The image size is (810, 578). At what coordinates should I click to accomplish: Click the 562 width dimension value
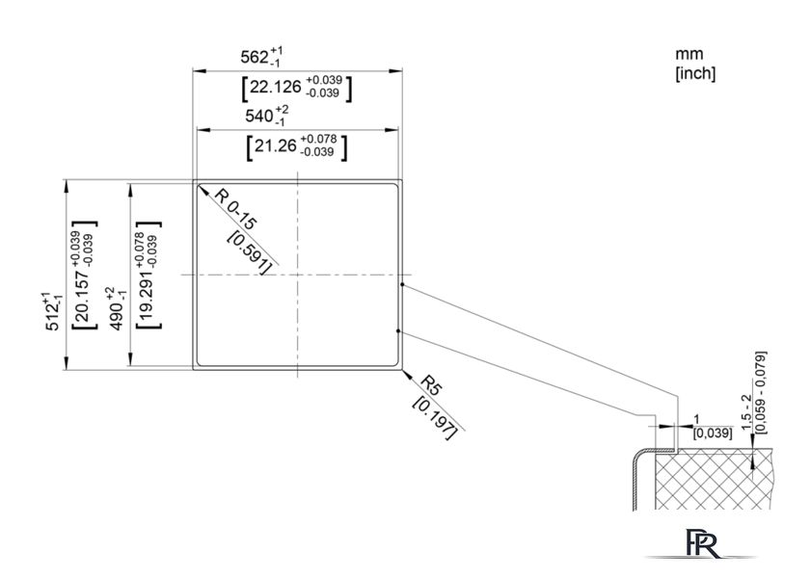[261, 56]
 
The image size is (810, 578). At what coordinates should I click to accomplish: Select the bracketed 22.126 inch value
[297, 88]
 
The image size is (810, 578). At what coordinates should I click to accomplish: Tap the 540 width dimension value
[266, 116]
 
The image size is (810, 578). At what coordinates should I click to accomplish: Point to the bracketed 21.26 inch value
[297, 146]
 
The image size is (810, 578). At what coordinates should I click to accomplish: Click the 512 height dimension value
[53, 311]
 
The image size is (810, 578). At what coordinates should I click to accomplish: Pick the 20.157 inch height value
[84, 276]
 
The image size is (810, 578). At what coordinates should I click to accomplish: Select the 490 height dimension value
[117, 309]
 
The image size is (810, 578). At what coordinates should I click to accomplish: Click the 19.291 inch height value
[148, 276]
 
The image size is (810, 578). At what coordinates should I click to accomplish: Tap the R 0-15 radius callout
[235, 209]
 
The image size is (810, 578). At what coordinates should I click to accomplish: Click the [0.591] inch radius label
[250, 252]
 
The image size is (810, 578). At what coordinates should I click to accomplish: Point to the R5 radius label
[431, 385]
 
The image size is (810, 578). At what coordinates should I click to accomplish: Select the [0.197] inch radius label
[435, 418]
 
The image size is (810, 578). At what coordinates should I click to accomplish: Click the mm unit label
[689, 54]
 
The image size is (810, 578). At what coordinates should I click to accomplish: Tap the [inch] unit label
[695, 73]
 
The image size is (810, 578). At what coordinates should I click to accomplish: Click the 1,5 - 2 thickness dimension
[747, 412]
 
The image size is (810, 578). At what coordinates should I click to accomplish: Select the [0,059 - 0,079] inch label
[761, 392]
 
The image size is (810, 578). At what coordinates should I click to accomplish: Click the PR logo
[702, 543]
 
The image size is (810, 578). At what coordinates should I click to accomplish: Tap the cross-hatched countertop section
[713, 480]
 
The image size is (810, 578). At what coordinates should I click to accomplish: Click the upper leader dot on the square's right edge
[402, 284]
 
